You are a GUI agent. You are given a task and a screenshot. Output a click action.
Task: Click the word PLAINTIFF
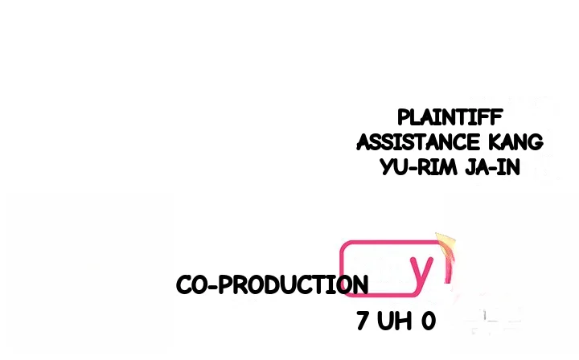coord(450,117)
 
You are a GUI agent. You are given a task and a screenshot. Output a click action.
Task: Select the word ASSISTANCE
coord(418,142)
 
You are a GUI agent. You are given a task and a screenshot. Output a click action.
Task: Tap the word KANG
coord(515,142)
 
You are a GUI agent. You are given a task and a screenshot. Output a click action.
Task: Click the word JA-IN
coord(493,167)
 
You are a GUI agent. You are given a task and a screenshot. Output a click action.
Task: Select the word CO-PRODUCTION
coord(272,284)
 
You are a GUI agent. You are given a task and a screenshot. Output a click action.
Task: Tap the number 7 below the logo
coord(362,321)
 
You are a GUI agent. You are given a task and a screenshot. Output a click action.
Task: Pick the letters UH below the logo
coord(394,321)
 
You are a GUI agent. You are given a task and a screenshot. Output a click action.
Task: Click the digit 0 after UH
coord(429,321)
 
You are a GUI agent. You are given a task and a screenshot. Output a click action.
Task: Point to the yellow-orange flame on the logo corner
coord(446,245)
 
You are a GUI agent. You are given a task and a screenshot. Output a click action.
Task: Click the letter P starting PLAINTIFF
coord(404,117)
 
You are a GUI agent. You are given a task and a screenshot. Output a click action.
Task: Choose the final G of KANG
coord(536,142)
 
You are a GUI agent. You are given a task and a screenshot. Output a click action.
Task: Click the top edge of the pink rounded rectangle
coord(391,242)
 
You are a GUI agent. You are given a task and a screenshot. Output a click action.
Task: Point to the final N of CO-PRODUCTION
coord(360,284)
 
